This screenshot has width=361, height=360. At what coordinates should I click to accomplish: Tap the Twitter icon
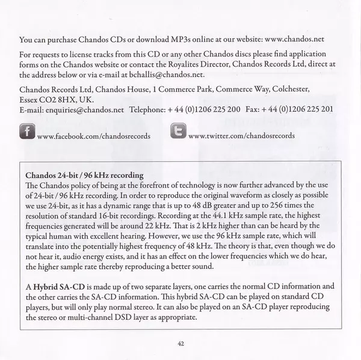[x=178, y=132]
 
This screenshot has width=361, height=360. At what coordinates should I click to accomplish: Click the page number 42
[x=180, y=343]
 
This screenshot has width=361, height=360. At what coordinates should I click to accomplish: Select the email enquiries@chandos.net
[x=82, y=111]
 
